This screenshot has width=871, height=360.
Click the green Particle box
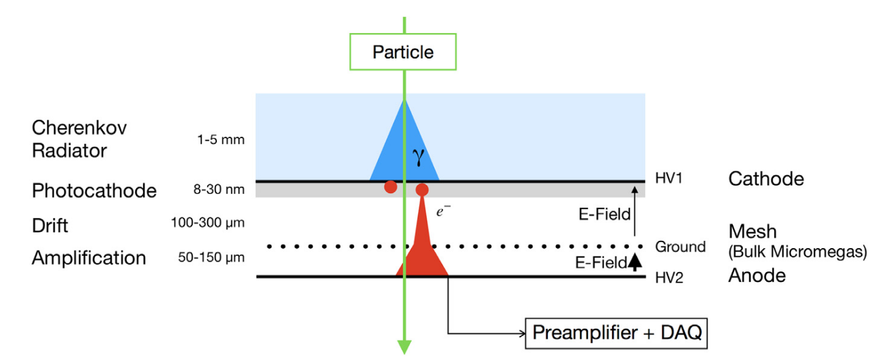click(x=403, y=52)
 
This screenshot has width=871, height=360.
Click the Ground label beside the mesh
click(x=680, y=247)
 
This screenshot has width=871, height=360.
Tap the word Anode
click(x=756, y=275)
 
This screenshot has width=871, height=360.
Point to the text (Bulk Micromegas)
click(x=797, y=251)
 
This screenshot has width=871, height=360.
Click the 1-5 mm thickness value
click(x=221, y=140)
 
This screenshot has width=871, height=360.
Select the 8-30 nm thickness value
click(x=219, y=191)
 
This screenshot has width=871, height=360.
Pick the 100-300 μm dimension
click(x=208, y=224)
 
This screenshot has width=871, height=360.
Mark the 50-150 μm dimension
click(x=212, y=258)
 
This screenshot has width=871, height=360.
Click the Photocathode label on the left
click(x=94, y=191)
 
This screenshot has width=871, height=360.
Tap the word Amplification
click(x=89, y=258)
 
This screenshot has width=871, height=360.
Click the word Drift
click(x=50, y=225)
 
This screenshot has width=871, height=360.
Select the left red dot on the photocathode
click(x=391, y=187)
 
